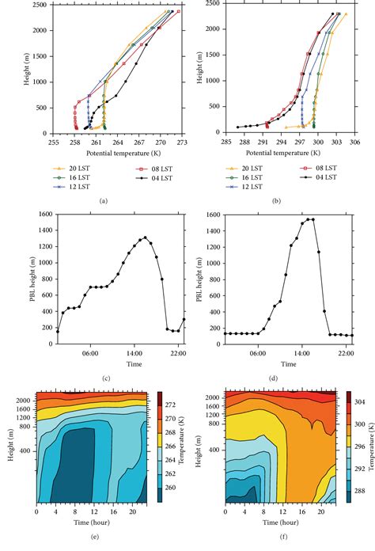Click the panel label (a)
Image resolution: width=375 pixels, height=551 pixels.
(x=102, y=202)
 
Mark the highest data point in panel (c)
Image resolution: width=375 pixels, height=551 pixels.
(x=145, y=237)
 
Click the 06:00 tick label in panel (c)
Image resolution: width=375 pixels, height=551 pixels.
(x=91, y=354)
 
